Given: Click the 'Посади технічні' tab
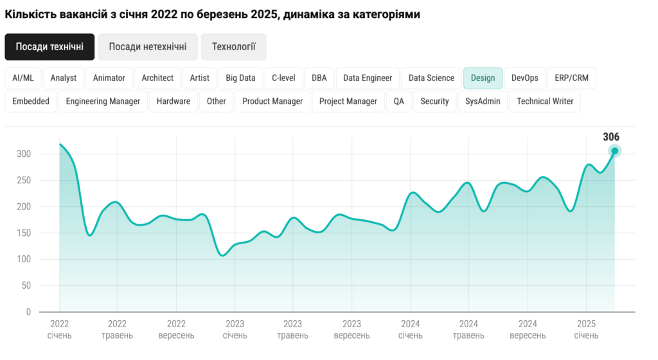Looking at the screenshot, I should point(49,47).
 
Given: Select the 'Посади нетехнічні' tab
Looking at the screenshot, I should point(148,47).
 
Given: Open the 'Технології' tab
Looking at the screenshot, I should point(234,47).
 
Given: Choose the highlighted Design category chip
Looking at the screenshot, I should point(483,78).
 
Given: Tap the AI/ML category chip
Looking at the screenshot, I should point(23,78).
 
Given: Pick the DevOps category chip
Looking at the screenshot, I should point(525,78).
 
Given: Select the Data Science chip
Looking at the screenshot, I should point(431,78).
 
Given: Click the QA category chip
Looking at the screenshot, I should point(399,101).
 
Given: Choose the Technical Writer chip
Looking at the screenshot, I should point(545,101).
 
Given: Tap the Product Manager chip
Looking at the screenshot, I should point(272,101).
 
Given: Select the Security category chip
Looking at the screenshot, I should point(434,101).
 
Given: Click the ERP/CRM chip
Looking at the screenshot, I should point(571,78).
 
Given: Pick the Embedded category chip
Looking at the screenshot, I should point(31,101).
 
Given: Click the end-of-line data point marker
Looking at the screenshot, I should point(614,151).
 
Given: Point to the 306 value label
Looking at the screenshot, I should point(611,136).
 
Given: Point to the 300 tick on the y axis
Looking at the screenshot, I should point(24,154).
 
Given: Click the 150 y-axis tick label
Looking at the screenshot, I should point(24,233).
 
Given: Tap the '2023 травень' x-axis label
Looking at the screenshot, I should point(292,329).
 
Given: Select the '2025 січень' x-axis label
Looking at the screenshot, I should point(586,329).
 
